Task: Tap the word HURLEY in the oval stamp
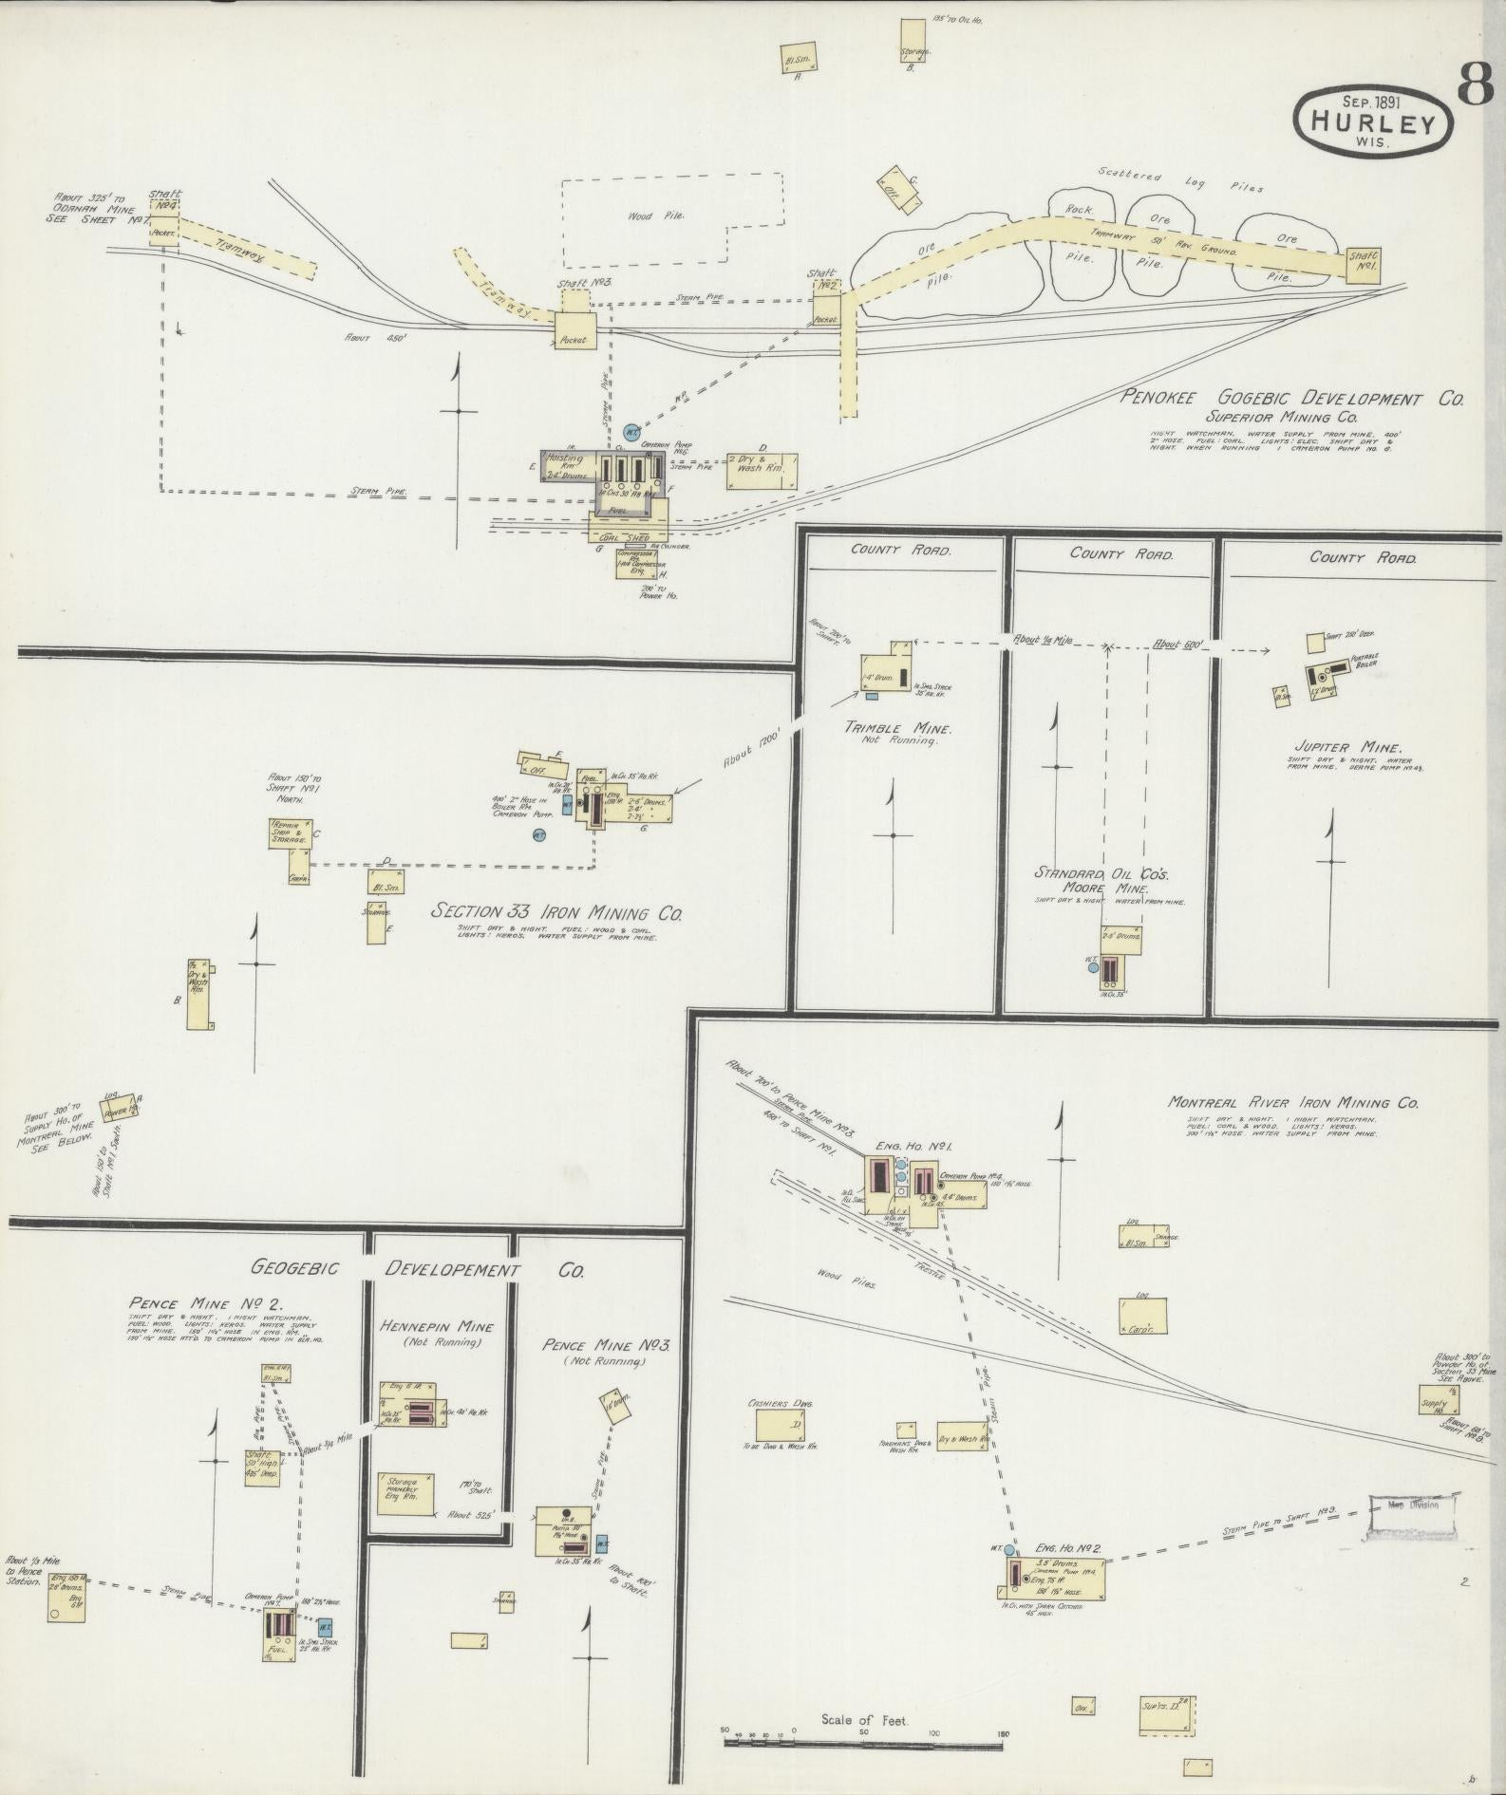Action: click(1373, 121)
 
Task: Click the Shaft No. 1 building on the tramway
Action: click(1365, 265)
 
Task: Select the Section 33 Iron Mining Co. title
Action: click(556, 912)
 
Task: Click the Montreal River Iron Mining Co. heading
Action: click(1293, 1103)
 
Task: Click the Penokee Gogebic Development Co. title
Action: click(1291, 399)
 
